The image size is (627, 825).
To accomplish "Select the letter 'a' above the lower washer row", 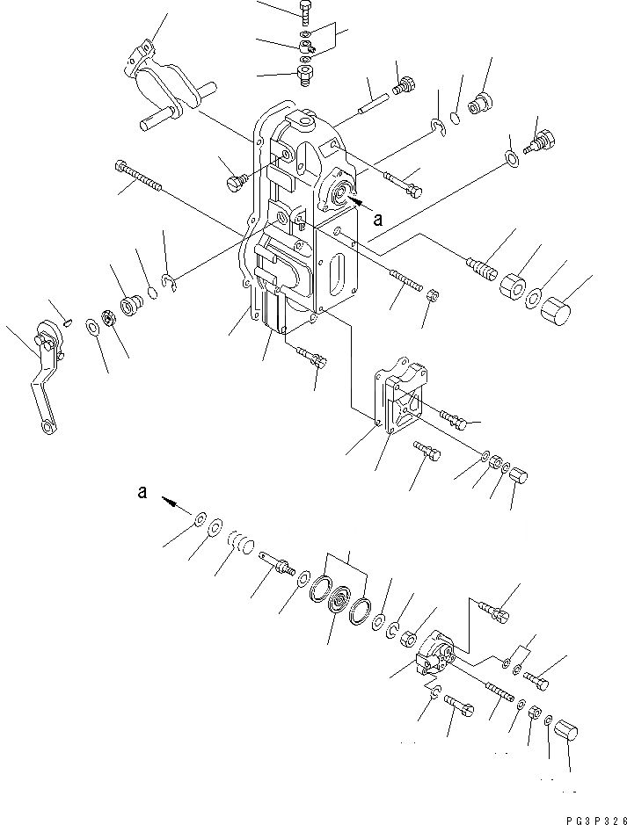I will [142, 493].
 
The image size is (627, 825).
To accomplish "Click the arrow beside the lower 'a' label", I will [172, 503].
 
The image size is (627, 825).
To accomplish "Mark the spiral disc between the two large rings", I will [338, 607].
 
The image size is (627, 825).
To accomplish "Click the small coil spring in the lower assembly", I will [239, 543].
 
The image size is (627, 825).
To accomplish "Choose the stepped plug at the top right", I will [480, 104].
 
